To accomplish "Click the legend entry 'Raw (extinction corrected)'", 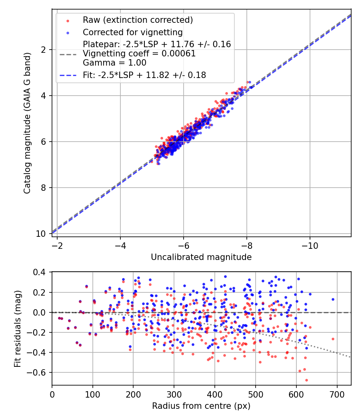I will (x=138, y=20).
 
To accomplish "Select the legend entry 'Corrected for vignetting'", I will (x=132, y=32).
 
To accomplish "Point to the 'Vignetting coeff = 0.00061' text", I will (x=139, y=54).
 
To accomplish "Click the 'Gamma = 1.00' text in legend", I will (x=114, y=63).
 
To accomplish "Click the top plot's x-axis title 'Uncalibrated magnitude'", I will (x=201, y=257).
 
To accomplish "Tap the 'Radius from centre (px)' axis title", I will (x=201, y=406).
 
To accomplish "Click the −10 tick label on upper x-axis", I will (x=310, y=244).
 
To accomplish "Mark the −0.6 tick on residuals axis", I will (x=40, y=372).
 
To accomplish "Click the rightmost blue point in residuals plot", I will (x=332, y=299).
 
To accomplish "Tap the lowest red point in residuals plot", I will (x=306, y=380).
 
